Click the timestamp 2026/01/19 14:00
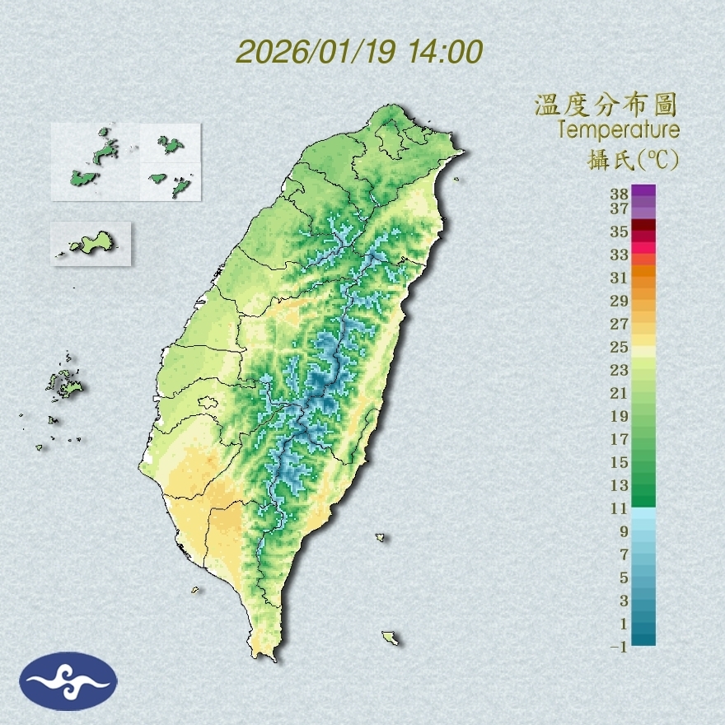(x=359, y=52)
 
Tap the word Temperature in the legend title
(x=618, y=130)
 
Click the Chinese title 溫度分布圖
(x=606, y=105)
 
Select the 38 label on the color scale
(x=620, y=194)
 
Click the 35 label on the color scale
(x=620, y=232)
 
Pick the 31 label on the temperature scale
(x=620, y=278)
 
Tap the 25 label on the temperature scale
(x=620, y=347)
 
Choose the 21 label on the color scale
(x=620, y=393)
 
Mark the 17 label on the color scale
(x=620, y=439)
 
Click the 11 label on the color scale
(x=620, y=508)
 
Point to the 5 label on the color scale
(x=624, y=578)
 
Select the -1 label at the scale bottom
(x=620, y=647)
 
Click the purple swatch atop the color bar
(x=644, y=190)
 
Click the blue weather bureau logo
(x=69, y=681)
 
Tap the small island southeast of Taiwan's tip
(x=390, y=638)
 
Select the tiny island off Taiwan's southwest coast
(x=195, y=589)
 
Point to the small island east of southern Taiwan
(x=381, y=537)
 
